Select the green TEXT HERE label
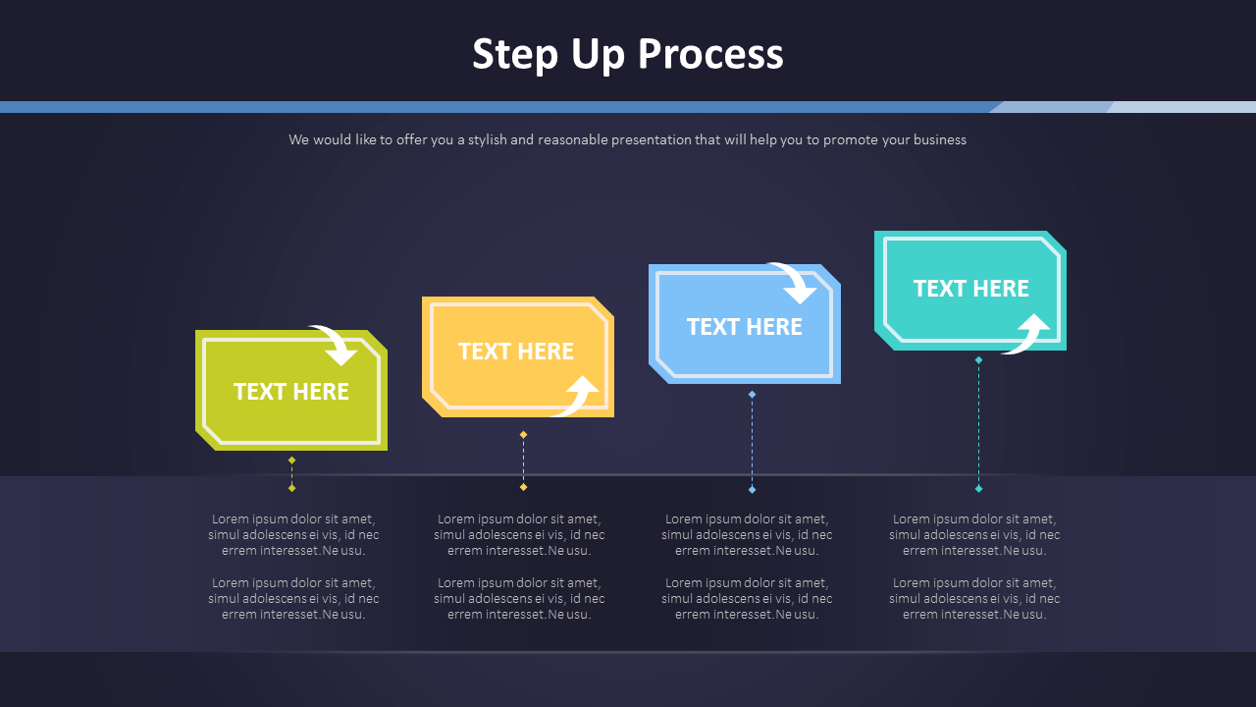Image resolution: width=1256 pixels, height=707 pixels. (291, 392)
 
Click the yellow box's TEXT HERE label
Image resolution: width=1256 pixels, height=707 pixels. (516, 352)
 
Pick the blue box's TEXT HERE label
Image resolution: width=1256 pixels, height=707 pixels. (744, 327)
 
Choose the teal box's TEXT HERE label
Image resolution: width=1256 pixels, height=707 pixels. (971, 289)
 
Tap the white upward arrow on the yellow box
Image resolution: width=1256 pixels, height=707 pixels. (578, 396)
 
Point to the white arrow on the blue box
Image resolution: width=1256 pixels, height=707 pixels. (795, 282)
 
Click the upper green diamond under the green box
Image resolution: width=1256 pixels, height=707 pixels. (291, 460)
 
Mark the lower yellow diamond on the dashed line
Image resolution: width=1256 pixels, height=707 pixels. (523, 487)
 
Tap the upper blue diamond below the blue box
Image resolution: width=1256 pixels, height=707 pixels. (752, 395)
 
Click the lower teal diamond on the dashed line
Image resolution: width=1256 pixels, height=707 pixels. (978, 488)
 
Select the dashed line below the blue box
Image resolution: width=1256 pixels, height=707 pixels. (752, 442)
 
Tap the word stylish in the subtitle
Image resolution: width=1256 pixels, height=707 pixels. (487, 140)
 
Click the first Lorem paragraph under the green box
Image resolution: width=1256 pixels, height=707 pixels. (293, 535)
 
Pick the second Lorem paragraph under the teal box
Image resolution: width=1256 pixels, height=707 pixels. (974, 599)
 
